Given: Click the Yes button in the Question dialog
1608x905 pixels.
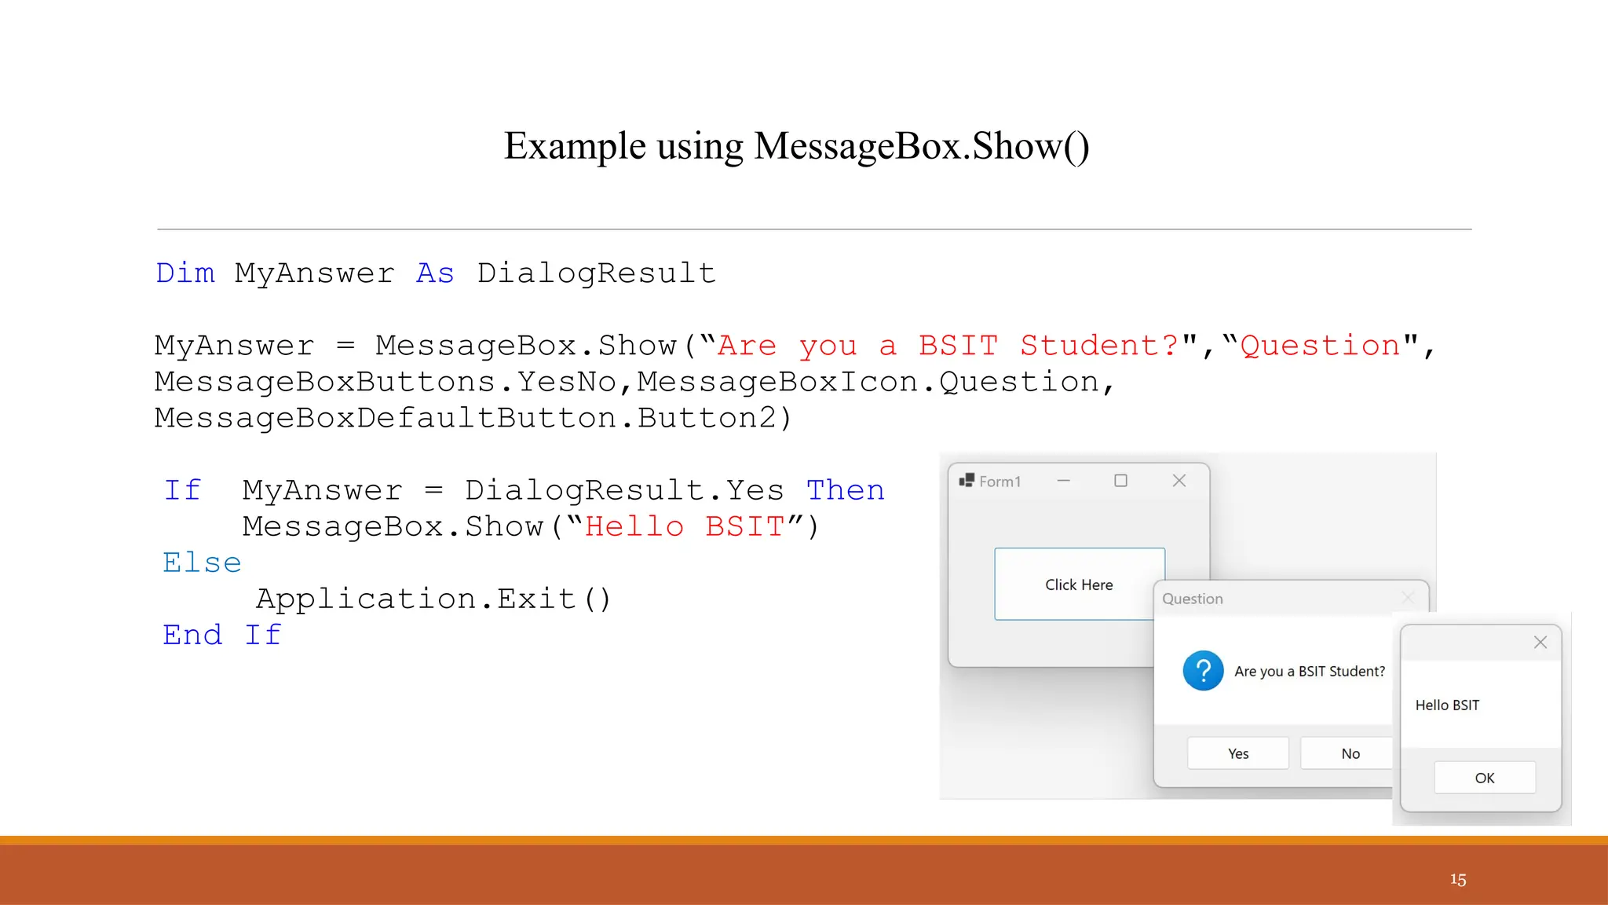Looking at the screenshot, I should [1237, 753].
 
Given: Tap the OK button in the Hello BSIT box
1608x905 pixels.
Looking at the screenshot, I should [1484, 778].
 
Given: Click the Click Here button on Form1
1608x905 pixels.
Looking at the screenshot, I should [1079, 584].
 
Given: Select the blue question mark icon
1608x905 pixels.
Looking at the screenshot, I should [1203, 671].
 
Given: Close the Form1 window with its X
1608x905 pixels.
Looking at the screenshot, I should [1179, 481].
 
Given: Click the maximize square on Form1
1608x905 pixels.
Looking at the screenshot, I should [1120, 481].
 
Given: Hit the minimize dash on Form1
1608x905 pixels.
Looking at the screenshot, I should [1063, 481].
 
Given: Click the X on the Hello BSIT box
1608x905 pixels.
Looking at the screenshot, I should [1540, 643].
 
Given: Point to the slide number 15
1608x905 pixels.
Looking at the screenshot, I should [1457, 880].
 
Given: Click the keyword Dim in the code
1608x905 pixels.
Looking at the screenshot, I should [185, 273].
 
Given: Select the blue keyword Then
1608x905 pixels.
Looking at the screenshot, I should [845, 490].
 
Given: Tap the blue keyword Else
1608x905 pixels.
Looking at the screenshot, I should [202, 562].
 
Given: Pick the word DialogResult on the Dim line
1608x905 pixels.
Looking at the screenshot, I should [596, 273].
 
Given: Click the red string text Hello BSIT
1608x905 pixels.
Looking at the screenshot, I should [684, 526].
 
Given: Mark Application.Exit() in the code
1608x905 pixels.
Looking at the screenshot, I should [433, 599].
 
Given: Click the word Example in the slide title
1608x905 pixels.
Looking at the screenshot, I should [575, 146].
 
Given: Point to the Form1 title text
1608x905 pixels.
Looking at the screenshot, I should [1000, 482].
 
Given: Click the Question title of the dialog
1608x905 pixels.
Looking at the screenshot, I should [1192, 599].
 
